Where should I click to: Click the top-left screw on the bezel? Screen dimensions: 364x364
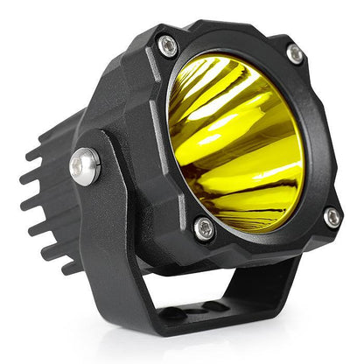pos(167,45)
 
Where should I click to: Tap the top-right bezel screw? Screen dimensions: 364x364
pos(296,54)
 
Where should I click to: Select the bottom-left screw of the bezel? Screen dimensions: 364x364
pos(204,229)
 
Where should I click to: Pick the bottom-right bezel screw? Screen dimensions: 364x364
pos(332,216)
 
